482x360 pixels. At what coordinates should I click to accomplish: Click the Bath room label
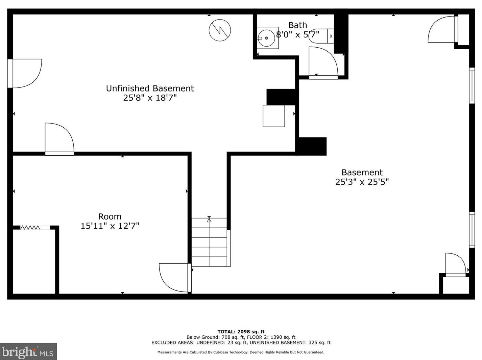point(297,25)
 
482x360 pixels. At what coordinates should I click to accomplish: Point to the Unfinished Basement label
point(150,88)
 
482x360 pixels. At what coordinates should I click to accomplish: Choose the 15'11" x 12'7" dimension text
point(110,226)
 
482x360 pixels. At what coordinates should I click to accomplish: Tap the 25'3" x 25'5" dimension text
point(362,182)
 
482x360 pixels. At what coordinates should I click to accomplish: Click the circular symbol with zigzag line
point(220,30)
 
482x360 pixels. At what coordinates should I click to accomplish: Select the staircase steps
point(209,242)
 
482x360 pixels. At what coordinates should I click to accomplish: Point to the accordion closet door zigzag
point(30,228)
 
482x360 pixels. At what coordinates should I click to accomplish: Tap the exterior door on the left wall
point(25,74)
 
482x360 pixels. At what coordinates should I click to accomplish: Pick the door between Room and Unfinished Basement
point(59,139)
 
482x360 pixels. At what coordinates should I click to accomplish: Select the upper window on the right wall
point(472,85)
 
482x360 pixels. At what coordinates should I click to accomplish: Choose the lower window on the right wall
point(472,230)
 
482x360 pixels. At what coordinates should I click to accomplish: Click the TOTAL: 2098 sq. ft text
point(241,332)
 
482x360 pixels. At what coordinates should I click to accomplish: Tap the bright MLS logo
point(28,352)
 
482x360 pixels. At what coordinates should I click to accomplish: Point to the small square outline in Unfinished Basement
point(273,116)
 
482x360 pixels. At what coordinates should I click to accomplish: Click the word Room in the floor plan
point(110,216)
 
